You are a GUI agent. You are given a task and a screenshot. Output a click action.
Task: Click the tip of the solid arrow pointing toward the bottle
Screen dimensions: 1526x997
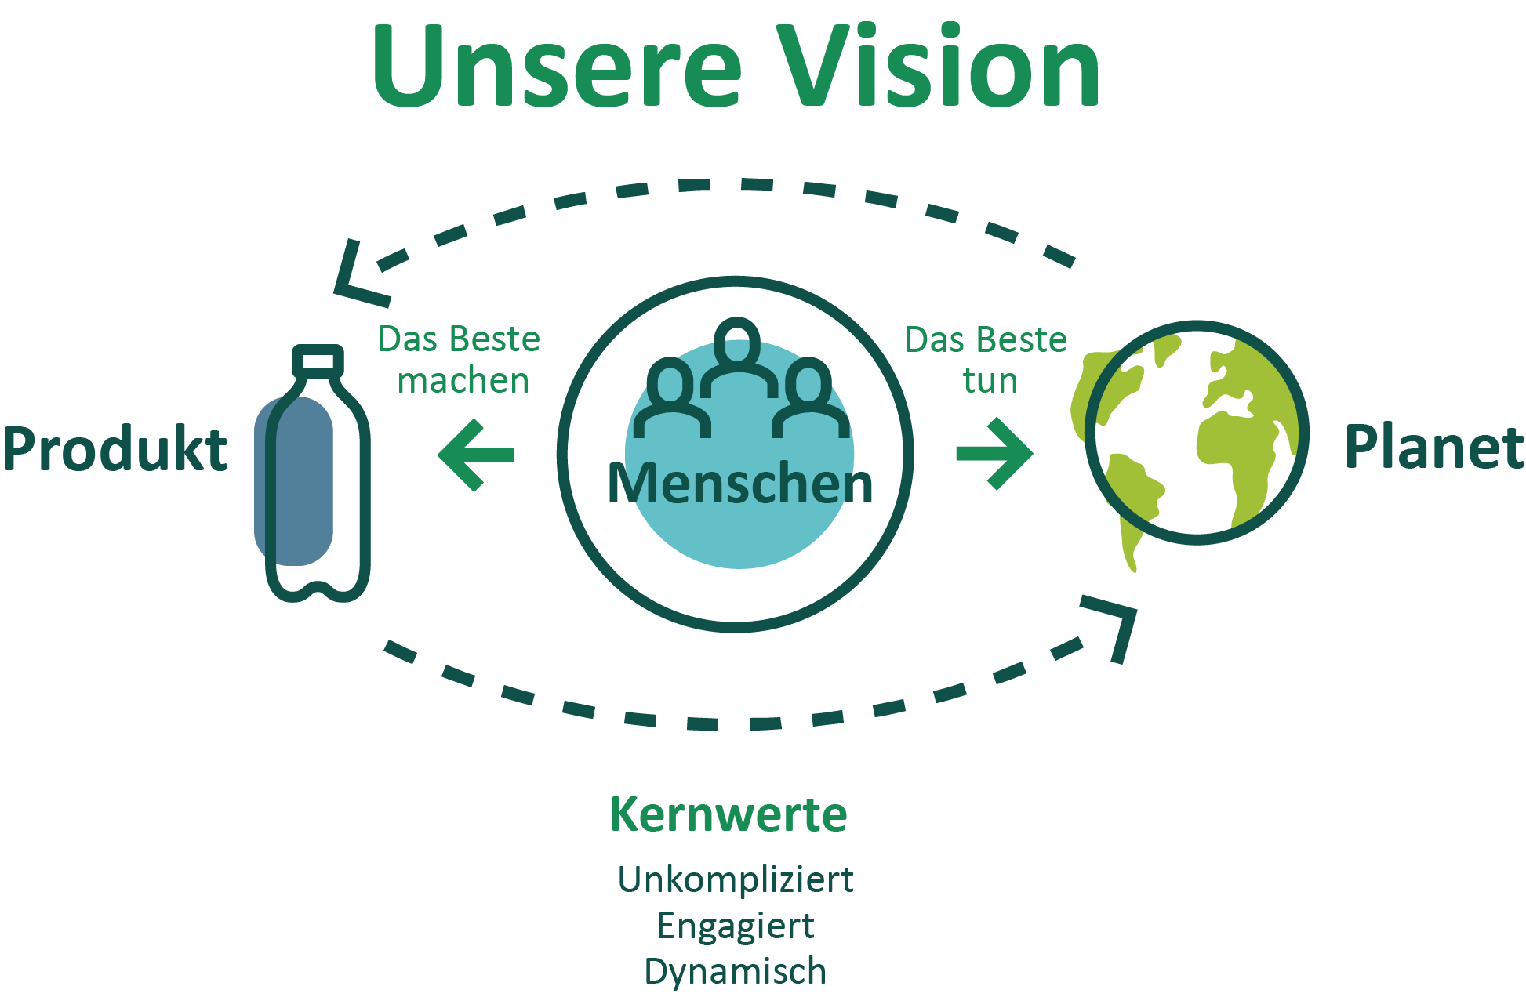click(438, 455)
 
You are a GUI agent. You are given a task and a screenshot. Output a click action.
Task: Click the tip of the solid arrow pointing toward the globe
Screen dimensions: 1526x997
click(1033, 453)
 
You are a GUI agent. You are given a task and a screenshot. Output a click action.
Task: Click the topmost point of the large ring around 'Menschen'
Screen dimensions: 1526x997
click(736, 281)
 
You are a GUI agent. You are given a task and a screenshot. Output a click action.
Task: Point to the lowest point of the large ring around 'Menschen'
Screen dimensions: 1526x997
click(736, 627)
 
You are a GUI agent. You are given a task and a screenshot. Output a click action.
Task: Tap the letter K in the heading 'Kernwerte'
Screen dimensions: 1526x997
click(627, 814)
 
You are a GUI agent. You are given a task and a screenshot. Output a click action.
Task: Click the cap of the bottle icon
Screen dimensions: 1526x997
click(318, 360)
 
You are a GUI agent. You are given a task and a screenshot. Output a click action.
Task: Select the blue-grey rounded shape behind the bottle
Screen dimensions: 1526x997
click(293, 480)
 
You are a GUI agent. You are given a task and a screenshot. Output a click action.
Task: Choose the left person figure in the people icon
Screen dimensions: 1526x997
click(672, 397)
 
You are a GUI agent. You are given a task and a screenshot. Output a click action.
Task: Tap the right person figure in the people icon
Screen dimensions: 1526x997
click(810, 397)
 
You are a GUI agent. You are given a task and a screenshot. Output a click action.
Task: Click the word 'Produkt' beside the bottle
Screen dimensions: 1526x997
click(115, 448)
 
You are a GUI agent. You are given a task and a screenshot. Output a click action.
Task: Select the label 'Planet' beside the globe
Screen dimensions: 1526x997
click(1434, 447)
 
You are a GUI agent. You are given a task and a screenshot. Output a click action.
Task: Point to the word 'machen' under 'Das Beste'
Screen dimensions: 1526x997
click(463, 381)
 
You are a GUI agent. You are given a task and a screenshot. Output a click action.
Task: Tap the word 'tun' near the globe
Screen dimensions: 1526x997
click(990, 381)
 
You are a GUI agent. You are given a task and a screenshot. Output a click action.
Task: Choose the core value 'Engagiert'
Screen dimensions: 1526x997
click(736, 926)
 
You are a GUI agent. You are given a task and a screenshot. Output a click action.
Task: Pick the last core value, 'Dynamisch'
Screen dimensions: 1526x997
click(736, 971)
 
